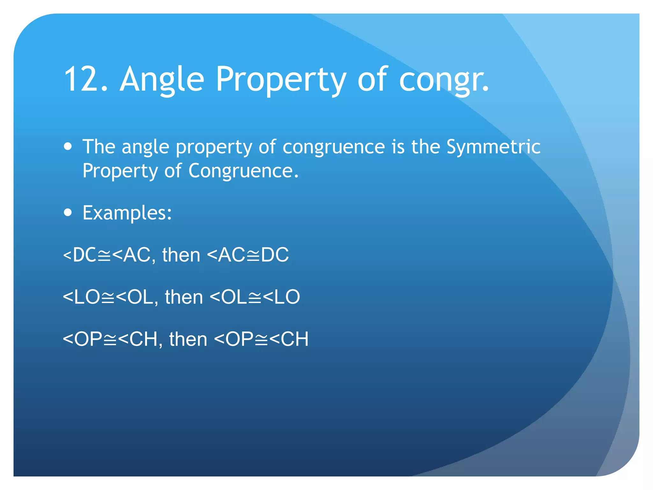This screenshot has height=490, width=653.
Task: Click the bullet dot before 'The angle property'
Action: (x=68, y=146)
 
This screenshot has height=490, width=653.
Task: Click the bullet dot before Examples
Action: (x=68, y=212)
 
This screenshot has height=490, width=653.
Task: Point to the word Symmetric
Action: (x=493, y=147)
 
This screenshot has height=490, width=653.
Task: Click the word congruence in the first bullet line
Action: (x=334, y=147)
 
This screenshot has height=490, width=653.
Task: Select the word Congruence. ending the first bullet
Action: (x=244, y=171)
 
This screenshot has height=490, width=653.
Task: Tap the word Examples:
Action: (x=127, y=213)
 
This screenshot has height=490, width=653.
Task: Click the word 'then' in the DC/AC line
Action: (x=181, y=255)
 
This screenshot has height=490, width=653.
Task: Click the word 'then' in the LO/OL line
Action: (x=184, y=297)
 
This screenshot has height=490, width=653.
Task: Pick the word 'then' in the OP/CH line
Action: (x=188, y=339)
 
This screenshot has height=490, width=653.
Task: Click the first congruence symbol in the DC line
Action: (x=104, y=256)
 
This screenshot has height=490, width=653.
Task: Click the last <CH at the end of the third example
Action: (x=289, y=339)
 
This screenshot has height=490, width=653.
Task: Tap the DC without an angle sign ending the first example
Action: (x=275, y=255)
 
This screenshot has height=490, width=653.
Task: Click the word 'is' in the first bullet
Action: (x=398, y=147)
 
